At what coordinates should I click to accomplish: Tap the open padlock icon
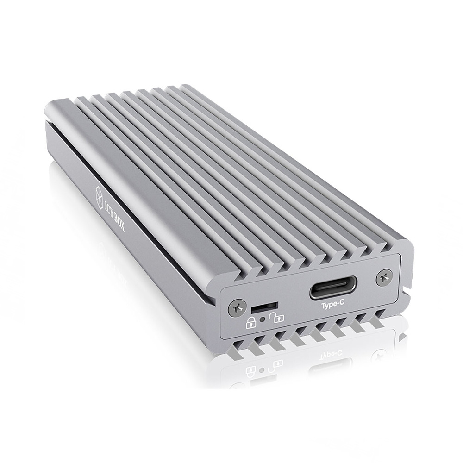pos(278,318)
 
